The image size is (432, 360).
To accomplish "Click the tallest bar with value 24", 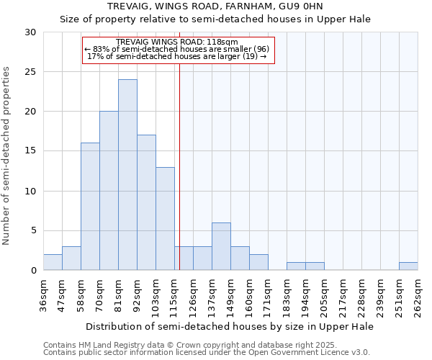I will coord(127,175).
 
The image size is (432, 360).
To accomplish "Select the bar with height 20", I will coord(109,191).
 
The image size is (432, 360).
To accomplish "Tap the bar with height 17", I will coord(146,202).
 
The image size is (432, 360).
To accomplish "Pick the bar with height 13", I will coord(165,218).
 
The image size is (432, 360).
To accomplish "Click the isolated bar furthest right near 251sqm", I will coord(408,266).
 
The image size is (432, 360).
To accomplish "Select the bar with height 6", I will coord(221,246).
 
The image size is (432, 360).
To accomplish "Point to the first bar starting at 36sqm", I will coord(53,262).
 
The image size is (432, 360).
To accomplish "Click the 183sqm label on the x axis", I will coord(287,294).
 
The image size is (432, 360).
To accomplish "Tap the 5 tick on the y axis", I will coord(33,231).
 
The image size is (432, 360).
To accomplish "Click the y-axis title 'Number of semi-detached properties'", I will coord(7,156).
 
